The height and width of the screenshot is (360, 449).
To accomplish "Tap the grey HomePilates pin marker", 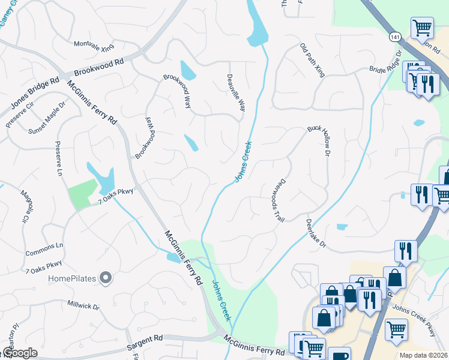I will click(x=106, y=277).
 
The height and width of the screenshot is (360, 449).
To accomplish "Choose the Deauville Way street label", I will click(x=236, y=93).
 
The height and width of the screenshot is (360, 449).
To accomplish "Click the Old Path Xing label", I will click(x=312, y=60).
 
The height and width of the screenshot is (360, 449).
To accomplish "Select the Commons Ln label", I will click(x=44, y=247).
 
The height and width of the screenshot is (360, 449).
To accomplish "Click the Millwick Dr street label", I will click(x=83, y=305).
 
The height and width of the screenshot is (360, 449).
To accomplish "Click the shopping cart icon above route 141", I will click(x=423, y=26).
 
